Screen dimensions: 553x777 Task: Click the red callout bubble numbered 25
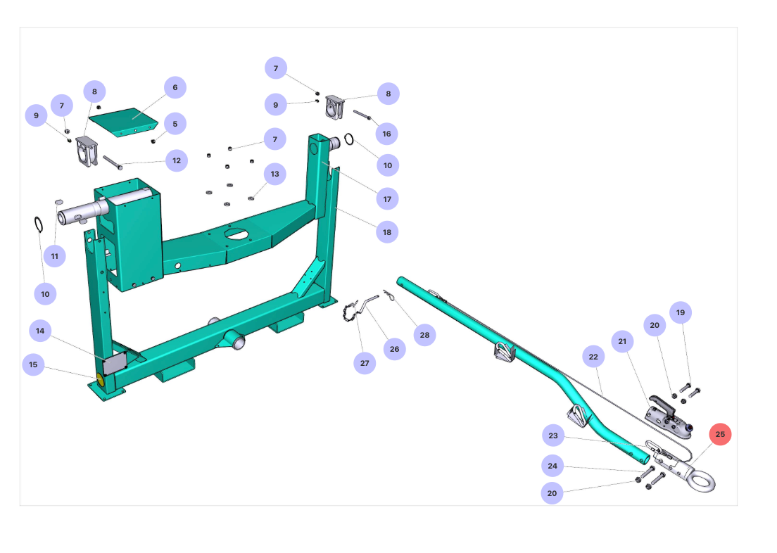pos(720,434)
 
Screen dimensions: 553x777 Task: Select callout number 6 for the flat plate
pos(175,88)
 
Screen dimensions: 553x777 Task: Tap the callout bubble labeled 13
pos(274,174)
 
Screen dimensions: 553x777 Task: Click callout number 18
pos(387,231)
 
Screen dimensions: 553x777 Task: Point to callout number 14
pos(40,331)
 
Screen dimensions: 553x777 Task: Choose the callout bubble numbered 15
pos(33,364)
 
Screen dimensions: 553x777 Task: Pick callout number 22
pos(593,357)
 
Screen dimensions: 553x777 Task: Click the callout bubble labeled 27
pos(365,363)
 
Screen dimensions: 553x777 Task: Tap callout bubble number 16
pos(386,134)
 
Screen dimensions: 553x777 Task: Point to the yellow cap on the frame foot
pos(99,381)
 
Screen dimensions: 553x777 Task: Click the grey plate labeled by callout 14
pos(115,364)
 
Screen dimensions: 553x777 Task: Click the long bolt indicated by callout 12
pos(113,163)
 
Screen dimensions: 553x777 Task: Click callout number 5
pos(175,124)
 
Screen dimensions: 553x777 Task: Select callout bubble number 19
pos(680,312)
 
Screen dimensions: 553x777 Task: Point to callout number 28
pos(424,335)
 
